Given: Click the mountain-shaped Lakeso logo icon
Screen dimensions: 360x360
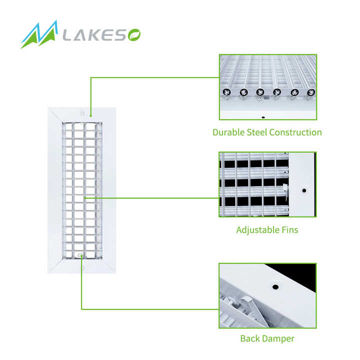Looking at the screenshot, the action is pyautogui.click(x=39, y=34).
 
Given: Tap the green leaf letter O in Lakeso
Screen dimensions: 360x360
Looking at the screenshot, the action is pyautogui.click(x=134, y=35).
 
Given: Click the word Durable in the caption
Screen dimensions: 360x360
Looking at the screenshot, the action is pyautogui.click(x=228, y=132).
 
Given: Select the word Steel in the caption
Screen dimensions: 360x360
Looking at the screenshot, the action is pyautogui.click(x=257, y=132).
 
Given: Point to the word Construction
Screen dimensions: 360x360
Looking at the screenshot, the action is pyautogui.click(x=295, y=132).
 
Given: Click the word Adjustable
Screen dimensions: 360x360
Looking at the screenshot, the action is pyautogui.click(x=258, y=230).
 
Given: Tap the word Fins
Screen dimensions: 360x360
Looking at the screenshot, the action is pyautogui.click(x=290, y=230).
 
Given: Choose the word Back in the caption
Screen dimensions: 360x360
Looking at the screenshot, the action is pyautogui.click(x=250, y=338).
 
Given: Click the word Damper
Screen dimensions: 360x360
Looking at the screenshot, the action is pyautogui.click(x=278, y=339).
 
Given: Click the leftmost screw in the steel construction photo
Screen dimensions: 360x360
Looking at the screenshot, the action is pyautogui.click(x=226, y=92).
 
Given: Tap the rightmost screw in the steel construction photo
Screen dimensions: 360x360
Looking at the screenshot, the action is pyautogui.click(x=311, y=92).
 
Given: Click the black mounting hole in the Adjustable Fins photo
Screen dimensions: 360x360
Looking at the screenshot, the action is pyautogui.click(x=304, y=190).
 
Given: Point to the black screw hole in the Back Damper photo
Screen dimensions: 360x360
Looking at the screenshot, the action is pyautogui.click(x=275, y=287).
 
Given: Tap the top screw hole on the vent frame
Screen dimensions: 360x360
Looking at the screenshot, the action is pyautogui.click(x=82, y=113).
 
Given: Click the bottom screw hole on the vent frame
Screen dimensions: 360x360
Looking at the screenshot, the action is pyautogui.click(x=82, y=268).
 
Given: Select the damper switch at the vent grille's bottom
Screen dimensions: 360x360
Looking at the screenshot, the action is pyautogui.click(x=80, y=255).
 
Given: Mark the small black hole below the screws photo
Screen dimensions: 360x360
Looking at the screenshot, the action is pyautogui.click(x=263, y=117).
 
